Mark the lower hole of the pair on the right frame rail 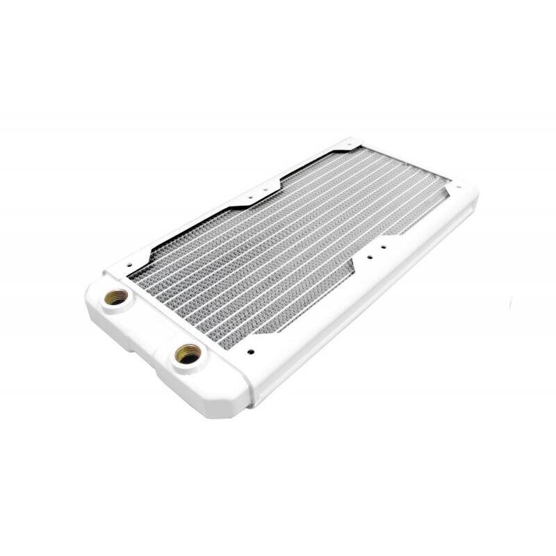tap(370, 256)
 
